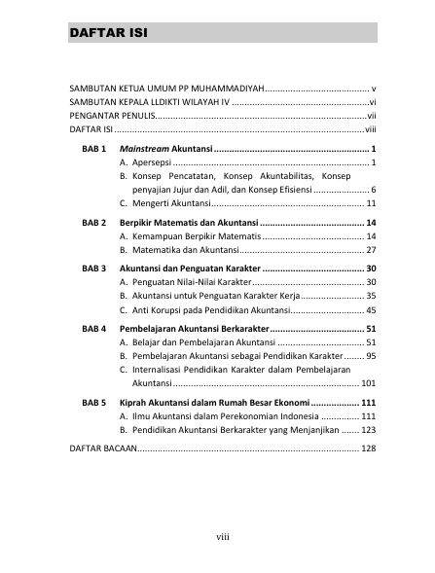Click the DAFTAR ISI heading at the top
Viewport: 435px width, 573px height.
point(108,36)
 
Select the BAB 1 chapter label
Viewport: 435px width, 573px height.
point(94,149)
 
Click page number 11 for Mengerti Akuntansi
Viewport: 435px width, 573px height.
point(371,203)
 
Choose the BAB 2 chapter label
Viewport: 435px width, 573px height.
point(94,224)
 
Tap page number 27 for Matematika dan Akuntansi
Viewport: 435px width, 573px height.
point(371,250)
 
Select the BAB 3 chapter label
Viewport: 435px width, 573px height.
point(94,268)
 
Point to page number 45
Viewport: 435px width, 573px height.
point(371,309)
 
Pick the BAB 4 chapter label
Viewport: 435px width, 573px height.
point(94,329)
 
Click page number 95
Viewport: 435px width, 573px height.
point(371,356)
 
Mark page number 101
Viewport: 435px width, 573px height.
point(368,383)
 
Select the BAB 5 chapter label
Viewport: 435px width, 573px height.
point(94,403)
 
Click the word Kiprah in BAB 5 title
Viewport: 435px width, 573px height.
point(133,403)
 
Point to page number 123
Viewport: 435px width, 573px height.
point(368,429)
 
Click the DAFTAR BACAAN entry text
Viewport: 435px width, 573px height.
point(103,449)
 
